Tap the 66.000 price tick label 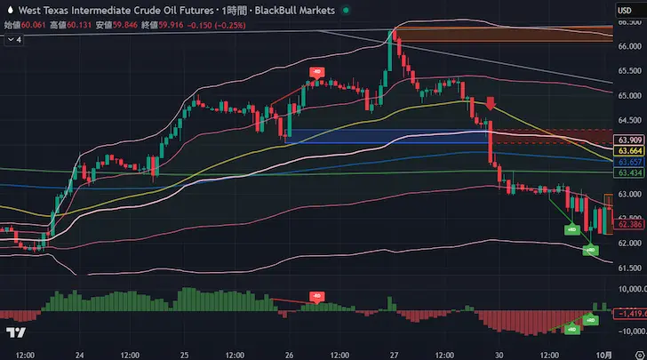(x=629, y=46)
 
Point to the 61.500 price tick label (x=629, y=268)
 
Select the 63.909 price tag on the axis (x=629, y=140)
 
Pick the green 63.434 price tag (x=629, y=172)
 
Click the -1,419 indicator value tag (x=629, y=339)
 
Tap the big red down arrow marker (x=490, y=105)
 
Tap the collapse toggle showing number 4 (x=13, y=39)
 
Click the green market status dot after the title (x=346, y=10)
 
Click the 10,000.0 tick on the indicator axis (x=629, y=314)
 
